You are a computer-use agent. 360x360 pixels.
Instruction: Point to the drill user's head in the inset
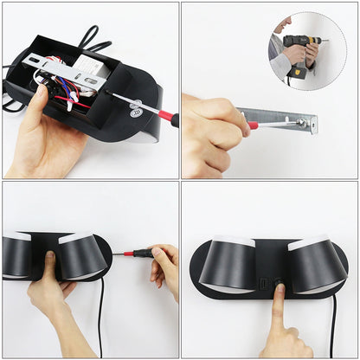pos(285,23)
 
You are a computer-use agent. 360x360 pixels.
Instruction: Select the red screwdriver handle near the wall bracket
pos(254,125)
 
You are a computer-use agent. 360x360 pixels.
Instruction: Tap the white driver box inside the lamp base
pos(89,67)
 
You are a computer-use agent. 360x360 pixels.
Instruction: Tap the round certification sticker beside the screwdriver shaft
pos(137,110)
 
